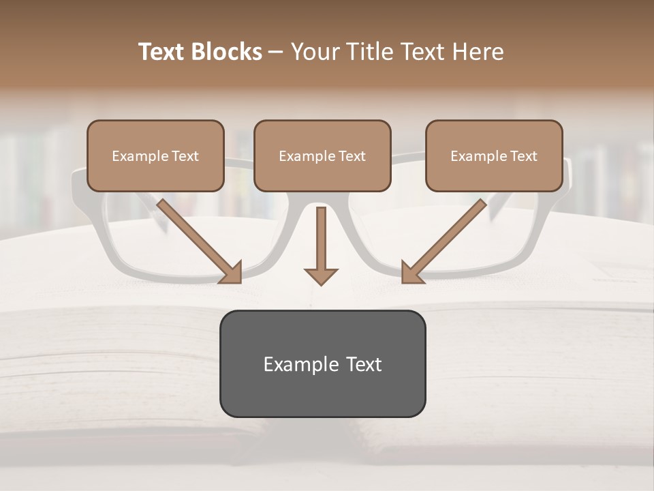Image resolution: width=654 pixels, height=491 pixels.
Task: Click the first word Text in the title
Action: pos(162,52)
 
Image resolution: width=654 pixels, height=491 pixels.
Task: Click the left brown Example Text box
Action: pos(155,155)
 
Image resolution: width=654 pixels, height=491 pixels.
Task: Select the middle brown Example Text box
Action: pos(322,155)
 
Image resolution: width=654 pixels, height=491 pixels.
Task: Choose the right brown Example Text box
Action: pos(494,155)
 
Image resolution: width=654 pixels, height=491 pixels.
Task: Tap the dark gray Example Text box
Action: pos(322,363)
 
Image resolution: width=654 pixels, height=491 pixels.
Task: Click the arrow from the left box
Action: pos(198,239)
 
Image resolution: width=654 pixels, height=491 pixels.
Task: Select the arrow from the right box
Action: pos(446,239)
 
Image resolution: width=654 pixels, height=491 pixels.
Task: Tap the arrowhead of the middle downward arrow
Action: pos(321,276)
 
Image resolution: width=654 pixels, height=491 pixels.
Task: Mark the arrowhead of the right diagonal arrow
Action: pos(411,272)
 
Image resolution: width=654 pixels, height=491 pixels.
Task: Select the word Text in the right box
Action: pos(523,156)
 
